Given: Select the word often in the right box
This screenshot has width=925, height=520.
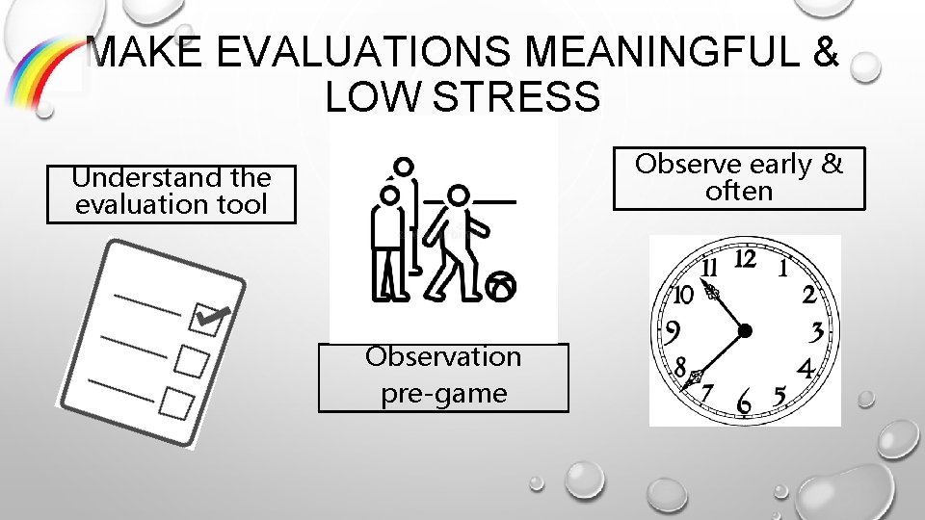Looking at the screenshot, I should tap(739, 191).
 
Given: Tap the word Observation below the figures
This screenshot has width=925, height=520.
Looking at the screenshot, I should tap(443, 356).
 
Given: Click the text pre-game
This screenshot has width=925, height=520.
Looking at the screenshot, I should tap(443, 393).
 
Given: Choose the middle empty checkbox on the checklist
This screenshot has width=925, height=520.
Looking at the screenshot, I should tap(193, 361).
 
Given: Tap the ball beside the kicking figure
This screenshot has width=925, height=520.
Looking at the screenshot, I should tap(502, 285).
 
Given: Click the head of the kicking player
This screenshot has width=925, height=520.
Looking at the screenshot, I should tap(460, 195).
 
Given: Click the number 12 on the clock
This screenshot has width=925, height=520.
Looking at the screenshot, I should tap(745, 259).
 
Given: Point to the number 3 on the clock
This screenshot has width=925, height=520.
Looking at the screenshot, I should tap(817, 332).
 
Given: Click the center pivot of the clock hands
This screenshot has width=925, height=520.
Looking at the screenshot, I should tap(745, 331).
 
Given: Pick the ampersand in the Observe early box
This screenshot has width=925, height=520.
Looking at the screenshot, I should tap(832, 165).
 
